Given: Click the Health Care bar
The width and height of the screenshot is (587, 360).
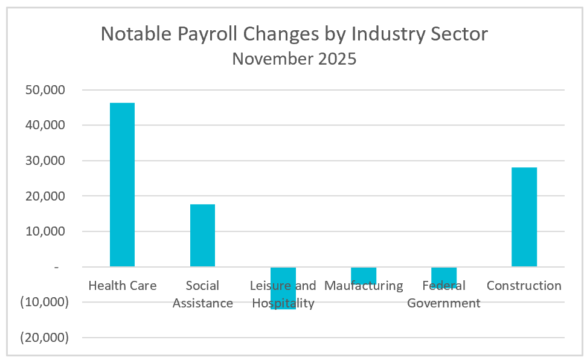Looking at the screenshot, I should tap(122, 184).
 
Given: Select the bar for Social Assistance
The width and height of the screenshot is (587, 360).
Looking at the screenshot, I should tap(202, 236).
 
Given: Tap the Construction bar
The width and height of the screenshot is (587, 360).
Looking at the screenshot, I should tap(524, 217).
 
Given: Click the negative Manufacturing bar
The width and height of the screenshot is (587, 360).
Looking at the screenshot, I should tap(363, 275).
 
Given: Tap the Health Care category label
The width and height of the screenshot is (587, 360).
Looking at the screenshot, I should tap(122, 286).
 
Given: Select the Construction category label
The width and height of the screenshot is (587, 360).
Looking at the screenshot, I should tap(524, 286).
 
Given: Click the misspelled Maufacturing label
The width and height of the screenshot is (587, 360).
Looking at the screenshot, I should tap(363, 286).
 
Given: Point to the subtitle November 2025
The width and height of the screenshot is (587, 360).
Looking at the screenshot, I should tap(294, 59).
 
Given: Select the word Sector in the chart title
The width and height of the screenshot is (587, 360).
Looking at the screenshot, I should tap(458, 34).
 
